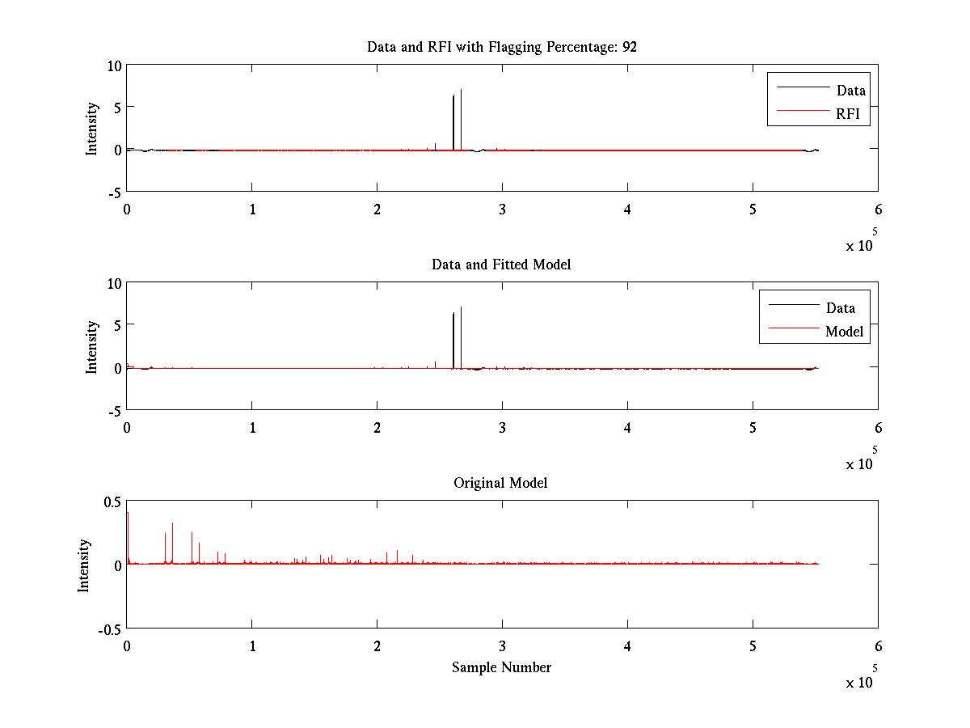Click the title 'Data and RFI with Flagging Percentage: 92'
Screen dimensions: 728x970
(501, 47)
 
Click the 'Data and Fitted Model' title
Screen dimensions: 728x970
(501, 265)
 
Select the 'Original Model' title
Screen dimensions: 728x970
(500, 483)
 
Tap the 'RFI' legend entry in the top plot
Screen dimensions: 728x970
(853, 115)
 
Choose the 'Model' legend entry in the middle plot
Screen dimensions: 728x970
(844, 332)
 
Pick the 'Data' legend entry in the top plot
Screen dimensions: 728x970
(851, 91)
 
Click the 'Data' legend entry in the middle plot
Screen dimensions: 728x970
(840, 308)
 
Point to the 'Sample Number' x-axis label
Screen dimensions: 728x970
(501, 667)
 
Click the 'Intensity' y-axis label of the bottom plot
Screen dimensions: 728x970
(85, 565)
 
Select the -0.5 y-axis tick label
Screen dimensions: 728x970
(108, 629)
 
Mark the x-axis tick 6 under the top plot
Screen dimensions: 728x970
(878, 209)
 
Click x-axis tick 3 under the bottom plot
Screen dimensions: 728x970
(502, 645)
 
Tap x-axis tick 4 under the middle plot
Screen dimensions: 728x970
(627, 427)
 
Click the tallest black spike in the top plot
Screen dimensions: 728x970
(461, 91)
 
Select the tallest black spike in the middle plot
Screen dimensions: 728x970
(461, 309)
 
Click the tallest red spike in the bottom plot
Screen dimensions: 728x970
(128, 514)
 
